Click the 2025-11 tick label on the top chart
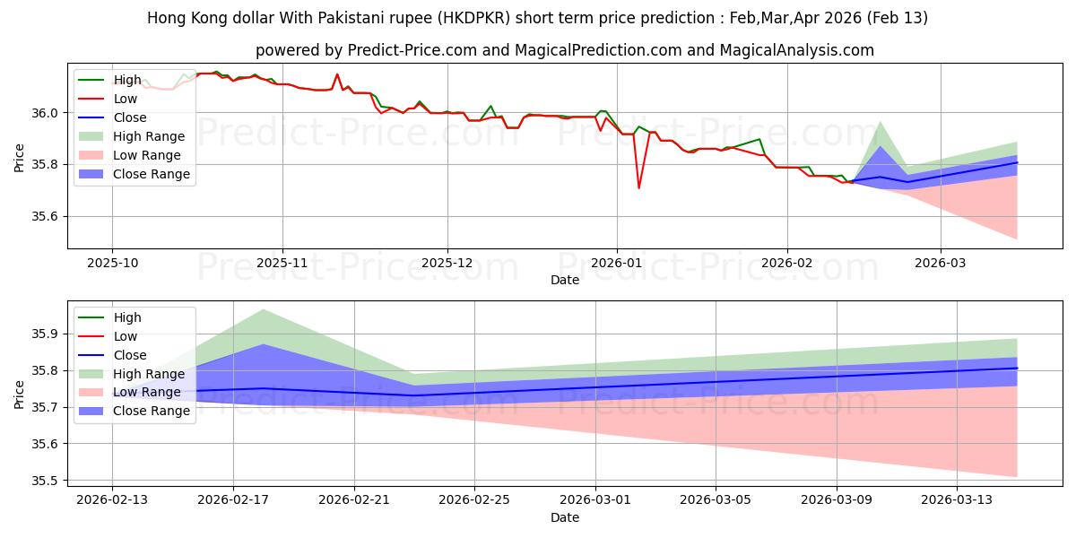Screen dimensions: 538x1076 click(x=282, y=262)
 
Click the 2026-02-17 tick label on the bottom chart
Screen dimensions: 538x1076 click(x=233, y=500)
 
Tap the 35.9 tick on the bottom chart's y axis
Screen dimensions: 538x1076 click(x=47, y=334)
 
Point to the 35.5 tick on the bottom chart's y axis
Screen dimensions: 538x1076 click(x=47, y=482)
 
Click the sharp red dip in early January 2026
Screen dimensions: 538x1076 click(x=638, y=187)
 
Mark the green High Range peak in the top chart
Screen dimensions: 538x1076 click(x=880, y=122)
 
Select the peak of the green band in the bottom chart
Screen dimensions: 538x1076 click(x=264, y=309)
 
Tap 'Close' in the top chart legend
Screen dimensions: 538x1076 click(x=129, y=118)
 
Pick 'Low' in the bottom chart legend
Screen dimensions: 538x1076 click(x=126, y=336)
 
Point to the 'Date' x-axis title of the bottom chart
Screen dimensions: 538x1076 click(x=565, y=517)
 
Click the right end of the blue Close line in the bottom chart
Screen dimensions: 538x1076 click(x=1017, y=369)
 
